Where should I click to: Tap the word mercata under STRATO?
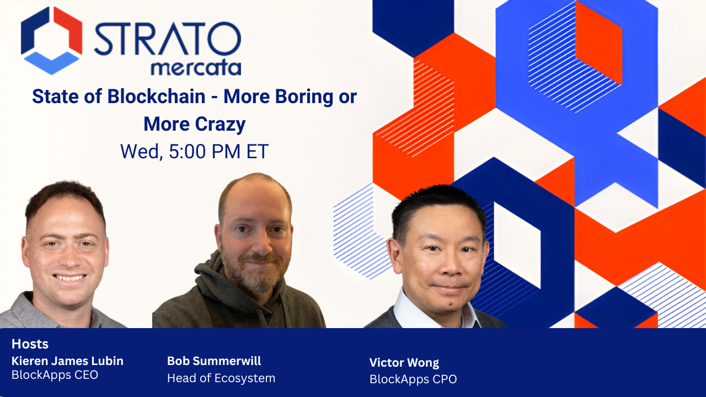pos(196,68)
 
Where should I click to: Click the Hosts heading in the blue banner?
pos(30,344)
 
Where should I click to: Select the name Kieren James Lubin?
pos(67,361)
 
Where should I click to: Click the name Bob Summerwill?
pos(214,361)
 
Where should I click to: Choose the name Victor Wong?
pos(404,363)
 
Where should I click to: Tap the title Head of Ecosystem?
pos(221,378)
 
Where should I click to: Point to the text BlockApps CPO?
pos(413,379)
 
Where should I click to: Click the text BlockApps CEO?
pos(55,375)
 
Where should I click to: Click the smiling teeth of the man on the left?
pos(69,278)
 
